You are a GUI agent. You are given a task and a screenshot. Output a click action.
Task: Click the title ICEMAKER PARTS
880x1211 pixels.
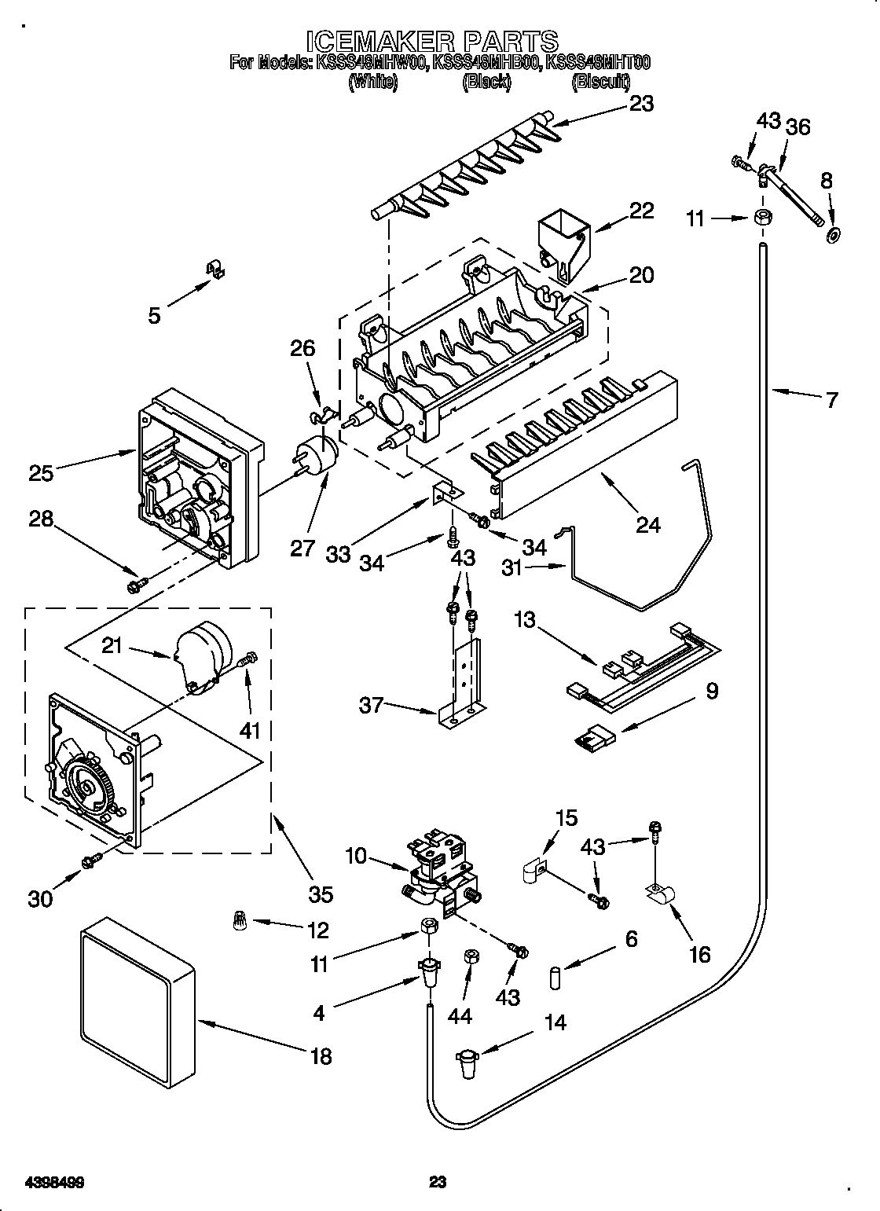pyautogui.click(x=431, y=40)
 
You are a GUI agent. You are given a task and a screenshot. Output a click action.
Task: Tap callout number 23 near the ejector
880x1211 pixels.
pyautogui.click(x=641, y=104)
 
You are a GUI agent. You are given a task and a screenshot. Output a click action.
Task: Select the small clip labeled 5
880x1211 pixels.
pyautogui.click(x=214, y=269)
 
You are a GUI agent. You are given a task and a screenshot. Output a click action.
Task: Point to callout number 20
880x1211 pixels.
pyautogui.click(x=641, y=274)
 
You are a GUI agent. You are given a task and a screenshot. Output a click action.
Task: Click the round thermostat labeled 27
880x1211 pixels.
pyautogui.click(x=319, y=455)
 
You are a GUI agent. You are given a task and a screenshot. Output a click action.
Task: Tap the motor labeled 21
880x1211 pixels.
pyautogui.click(x=203, y=649)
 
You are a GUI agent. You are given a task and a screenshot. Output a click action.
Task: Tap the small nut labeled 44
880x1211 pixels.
pyautogui.click(x=473, y=957)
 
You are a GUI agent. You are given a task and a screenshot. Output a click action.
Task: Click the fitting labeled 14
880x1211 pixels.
pyautogui.click(x=467, y=1063)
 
